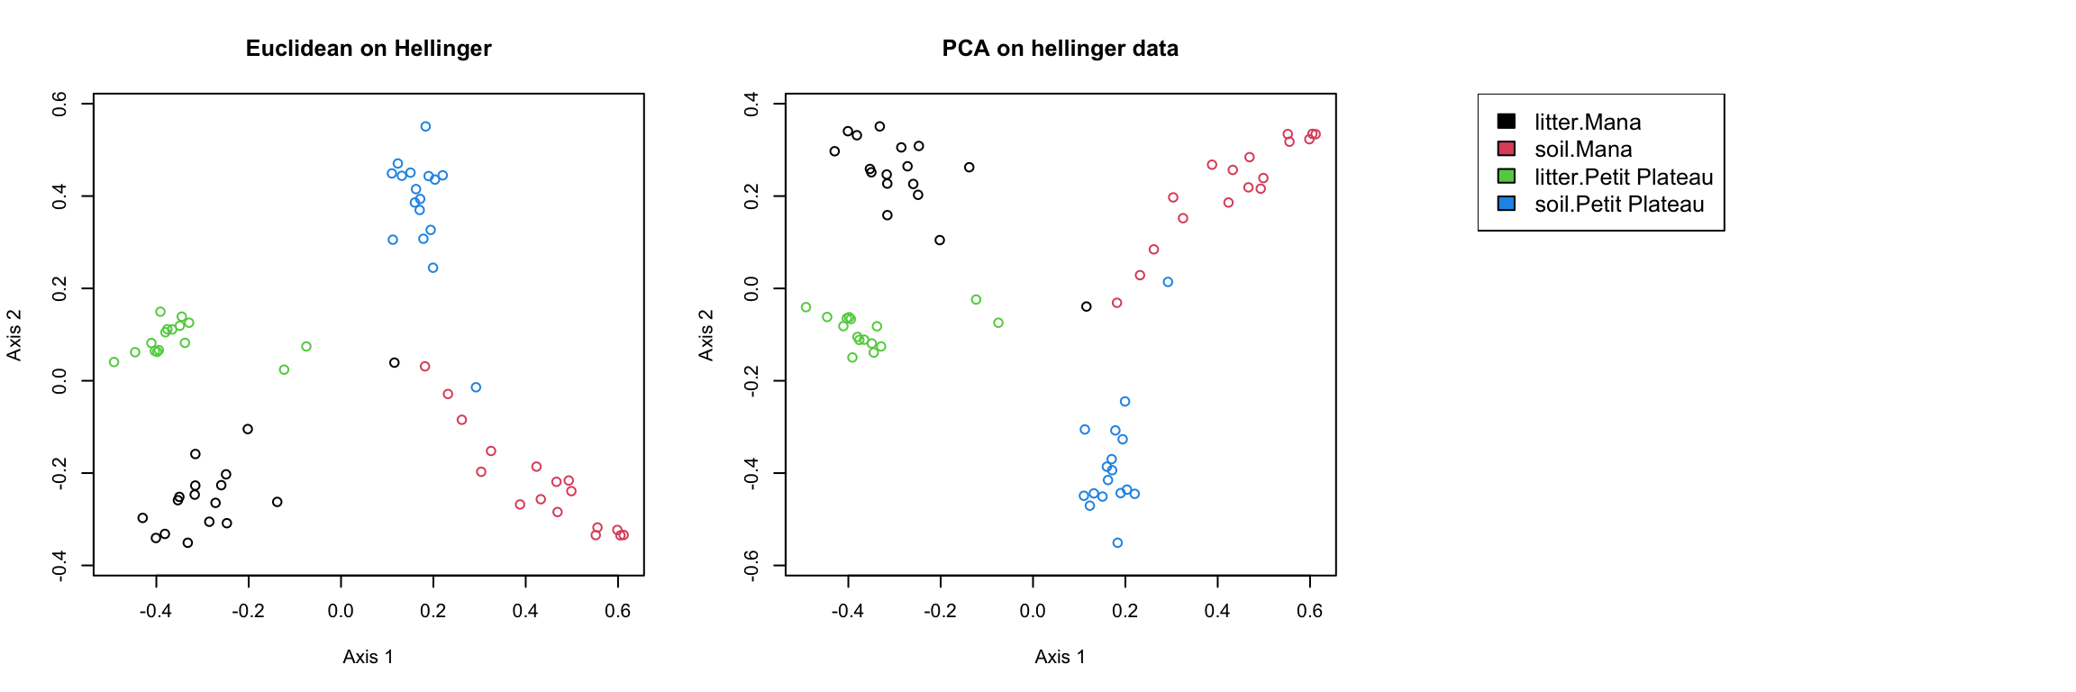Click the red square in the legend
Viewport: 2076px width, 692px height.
pos(1506,149)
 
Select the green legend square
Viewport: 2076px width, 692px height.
pos(1506,176)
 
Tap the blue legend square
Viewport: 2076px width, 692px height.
pos(1506,204)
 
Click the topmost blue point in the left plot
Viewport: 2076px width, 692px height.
pos(425,126)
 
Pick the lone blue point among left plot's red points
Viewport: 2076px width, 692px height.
pos(476,387)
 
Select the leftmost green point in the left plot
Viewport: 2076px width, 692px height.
pos(114,362)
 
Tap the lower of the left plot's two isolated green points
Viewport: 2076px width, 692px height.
pos(284,369)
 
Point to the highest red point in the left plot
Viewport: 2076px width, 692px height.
pos(425,367)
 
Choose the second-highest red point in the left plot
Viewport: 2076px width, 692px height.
pos(448,394)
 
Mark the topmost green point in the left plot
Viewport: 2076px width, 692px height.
pos(160,312)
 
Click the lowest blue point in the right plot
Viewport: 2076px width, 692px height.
pos(1117,542)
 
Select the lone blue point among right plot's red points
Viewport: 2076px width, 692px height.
pos(1168,282)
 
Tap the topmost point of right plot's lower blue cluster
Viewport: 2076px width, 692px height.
pos(1124,402)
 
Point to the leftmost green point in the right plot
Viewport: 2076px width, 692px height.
pos(806,307)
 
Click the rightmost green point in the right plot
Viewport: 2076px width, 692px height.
pos(998,323)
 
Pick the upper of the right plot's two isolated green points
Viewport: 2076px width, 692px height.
pos(976,299)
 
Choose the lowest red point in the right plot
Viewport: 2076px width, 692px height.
pos(1117,303)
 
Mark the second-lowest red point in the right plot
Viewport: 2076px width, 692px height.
pos(1140,275)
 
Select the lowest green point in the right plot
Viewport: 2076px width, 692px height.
pos(852,358)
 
